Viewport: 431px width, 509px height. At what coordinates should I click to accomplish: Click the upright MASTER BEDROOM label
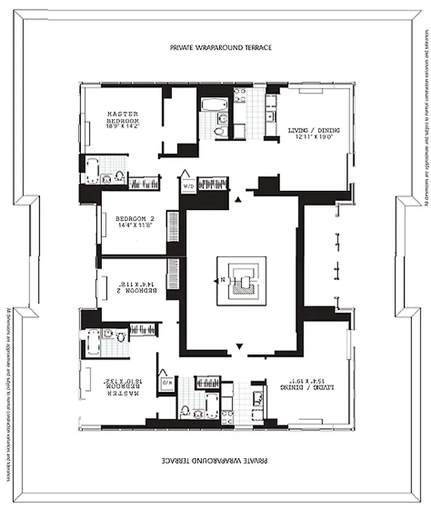click(x=123, y=117)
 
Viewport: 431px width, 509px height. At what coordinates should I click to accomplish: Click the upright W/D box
click(x=189, y=186)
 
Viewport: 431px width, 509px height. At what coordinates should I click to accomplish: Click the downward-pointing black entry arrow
click(x=239, y=347)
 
